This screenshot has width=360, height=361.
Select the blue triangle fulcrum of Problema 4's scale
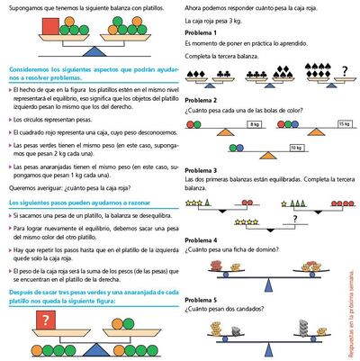point(259,281)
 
